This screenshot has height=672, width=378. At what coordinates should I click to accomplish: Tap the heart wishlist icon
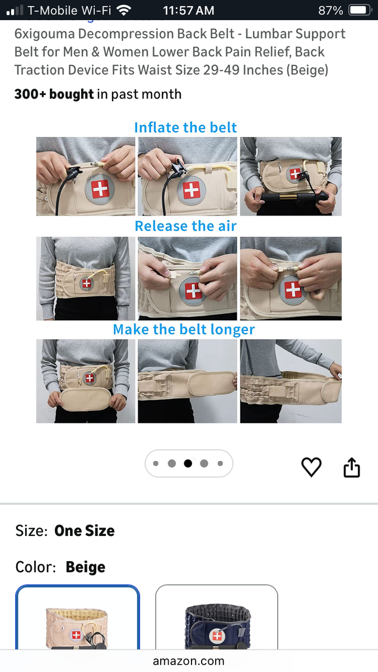[311, 467]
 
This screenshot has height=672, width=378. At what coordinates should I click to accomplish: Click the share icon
[352, 467]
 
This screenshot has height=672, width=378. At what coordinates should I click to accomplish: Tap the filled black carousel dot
[188, 464]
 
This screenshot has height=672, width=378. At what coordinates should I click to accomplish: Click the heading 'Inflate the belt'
[185, 128]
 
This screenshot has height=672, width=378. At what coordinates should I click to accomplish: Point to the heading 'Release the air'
[185, 226]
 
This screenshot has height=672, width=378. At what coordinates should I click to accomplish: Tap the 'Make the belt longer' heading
[184, 329]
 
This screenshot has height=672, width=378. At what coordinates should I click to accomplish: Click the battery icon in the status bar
[360, 10]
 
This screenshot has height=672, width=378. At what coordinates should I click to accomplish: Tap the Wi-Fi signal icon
[124, 10]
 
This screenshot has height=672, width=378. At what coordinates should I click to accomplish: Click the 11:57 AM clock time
[188, 11]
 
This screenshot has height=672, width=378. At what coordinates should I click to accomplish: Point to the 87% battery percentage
[330, 11]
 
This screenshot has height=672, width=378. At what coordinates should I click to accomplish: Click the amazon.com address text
[188, 661]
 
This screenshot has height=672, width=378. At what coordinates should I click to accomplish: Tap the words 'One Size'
[85, 531]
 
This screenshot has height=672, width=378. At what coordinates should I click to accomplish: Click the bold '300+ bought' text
[54, 94]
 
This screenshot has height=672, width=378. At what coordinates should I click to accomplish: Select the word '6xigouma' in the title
[44, 34]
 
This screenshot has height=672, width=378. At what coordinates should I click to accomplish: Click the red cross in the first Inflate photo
[100, 189]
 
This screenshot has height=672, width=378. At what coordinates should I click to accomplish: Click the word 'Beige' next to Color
[86, 567]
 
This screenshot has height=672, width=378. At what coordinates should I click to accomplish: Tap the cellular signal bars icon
[15, 10]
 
